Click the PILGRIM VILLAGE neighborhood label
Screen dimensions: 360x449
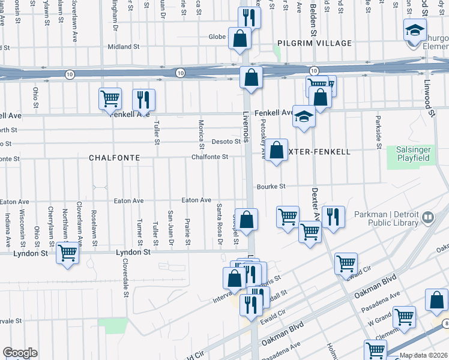[306, 44]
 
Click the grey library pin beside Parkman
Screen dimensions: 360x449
[428, 218]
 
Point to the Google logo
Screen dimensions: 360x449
[20, 353]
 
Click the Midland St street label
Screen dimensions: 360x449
[123, 46]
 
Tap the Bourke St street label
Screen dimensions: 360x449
[270, 187]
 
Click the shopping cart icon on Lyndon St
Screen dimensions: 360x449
[68, 253]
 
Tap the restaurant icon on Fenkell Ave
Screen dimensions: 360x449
[143, 99]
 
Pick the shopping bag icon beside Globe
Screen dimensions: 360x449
[240, 38]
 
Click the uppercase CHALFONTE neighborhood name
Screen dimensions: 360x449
[114, 157]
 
